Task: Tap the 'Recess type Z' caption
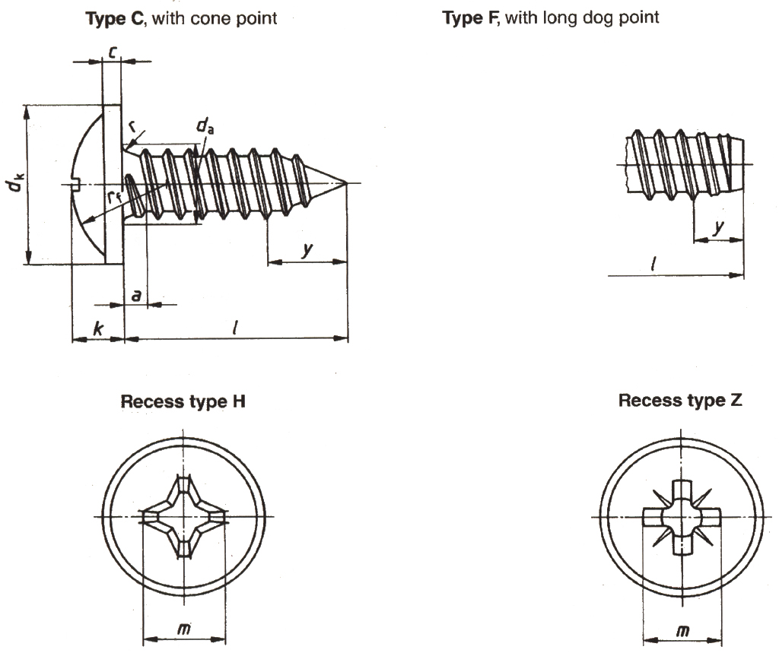point(680,401)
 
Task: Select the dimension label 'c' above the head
point(111,52)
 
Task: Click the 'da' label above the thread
point(205,125)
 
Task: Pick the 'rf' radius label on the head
point(113,196)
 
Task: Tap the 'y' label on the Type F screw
point(718,227)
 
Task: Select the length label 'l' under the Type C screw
point(237,328)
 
